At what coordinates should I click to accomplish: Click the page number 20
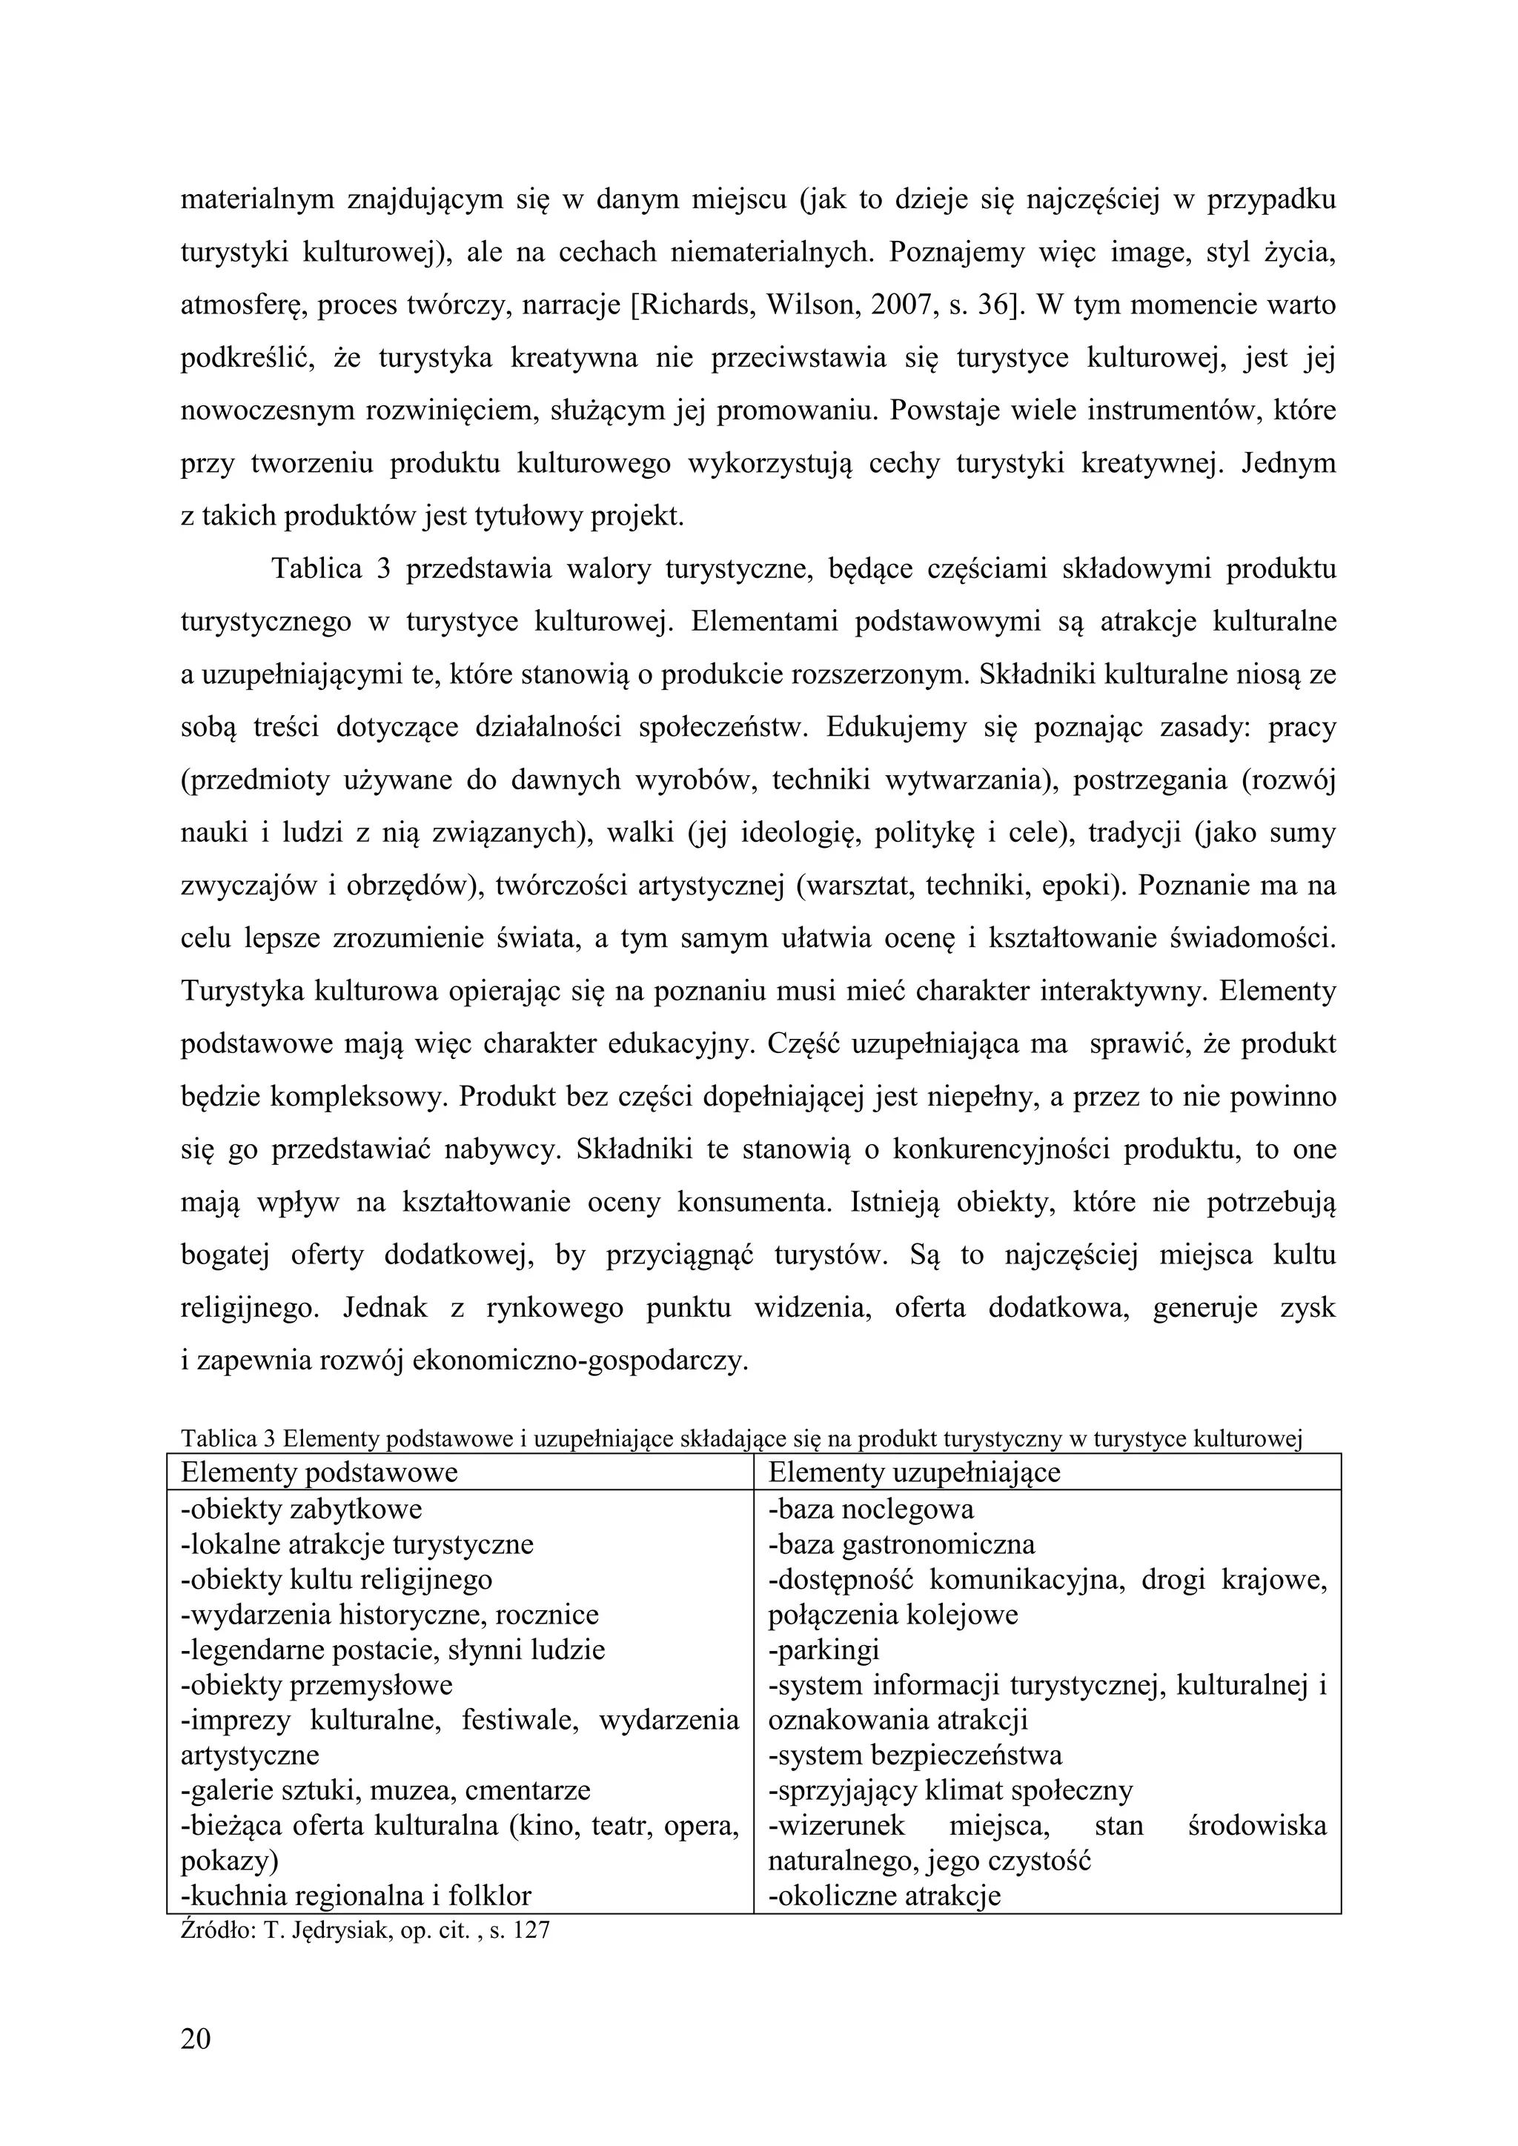[x=196, y=2038]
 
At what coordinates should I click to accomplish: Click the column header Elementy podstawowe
[x=319, y=1472]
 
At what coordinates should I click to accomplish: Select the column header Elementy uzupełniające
[x=914, y=1472]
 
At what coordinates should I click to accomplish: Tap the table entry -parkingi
[x=823, y=1650]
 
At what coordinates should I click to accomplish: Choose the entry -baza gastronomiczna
[x=901, y=1544]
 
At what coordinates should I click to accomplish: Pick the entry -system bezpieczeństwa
[x=915, y=1755]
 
